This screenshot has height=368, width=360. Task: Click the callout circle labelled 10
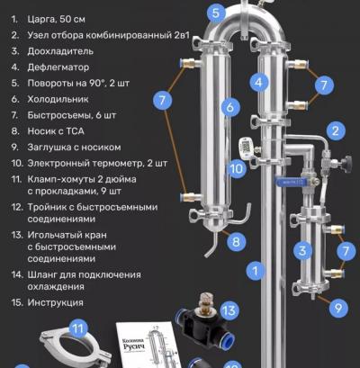235,167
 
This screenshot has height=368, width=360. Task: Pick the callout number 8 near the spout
236,241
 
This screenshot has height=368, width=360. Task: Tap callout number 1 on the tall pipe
255,269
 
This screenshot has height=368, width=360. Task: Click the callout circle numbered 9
337,308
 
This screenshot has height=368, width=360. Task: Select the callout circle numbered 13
229,311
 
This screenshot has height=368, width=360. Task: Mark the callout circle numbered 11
77,328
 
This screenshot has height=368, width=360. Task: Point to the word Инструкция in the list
55,302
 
